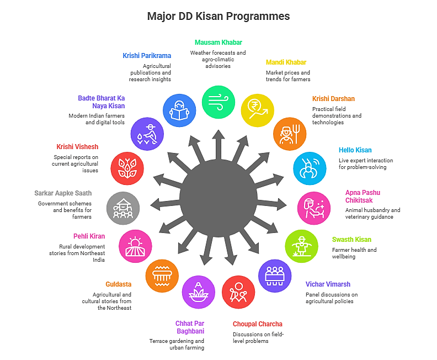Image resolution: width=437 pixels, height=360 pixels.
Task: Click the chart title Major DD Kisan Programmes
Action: (218, 16)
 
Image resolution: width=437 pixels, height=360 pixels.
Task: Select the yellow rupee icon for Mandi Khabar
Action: (257, 109)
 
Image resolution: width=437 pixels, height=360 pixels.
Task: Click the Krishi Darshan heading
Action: (333, 99)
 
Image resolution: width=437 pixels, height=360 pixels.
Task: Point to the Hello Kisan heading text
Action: (355, 150)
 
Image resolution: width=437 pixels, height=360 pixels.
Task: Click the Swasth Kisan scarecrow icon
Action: (302, 246)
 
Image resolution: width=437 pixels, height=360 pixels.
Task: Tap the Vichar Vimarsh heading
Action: (328, 284)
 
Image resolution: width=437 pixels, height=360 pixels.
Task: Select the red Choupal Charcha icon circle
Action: (238, 292)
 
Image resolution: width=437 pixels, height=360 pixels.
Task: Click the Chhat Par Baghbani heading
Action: (190, 327)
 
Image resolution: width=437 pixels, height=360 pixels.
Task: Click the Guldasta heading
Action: (119, 284)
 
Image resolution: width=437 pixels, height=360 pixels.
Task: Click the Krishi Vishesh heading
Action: (77, 147)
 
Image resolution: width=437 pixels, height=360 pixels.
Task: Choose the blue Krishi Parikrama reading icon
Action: (180, 109)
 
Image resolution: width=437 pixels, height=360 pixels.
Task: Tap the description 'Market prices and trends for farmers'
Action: (288, 76)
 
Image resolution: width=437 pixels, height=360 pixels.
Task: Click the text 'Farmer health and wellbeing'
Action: (354, 253)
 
